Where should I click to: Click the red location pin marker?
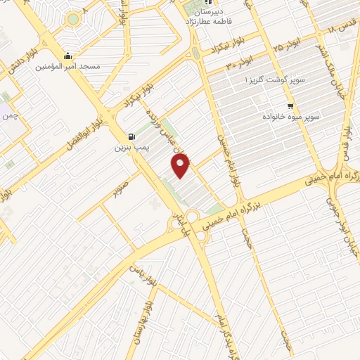pos(181,166)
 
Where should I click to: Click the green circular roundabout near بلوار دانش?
pos(73,20)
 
